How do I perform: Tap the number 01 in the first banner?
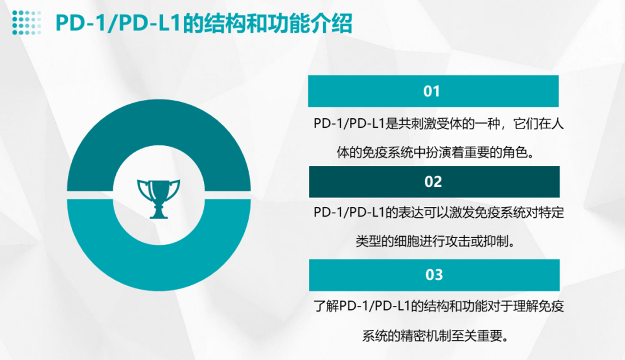click(431, 91)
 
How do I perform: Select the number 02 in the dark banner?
click(433, 182)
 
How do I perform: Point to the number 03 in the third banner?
click(434, 275)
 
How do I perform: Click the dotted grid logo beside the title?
click(27, 22)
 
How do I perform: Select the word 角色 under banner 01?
click(515, 153)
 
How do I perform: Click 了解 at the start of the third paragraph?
click(326, 306)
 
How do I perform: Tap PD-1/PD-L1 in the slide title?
click(119, 23)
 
